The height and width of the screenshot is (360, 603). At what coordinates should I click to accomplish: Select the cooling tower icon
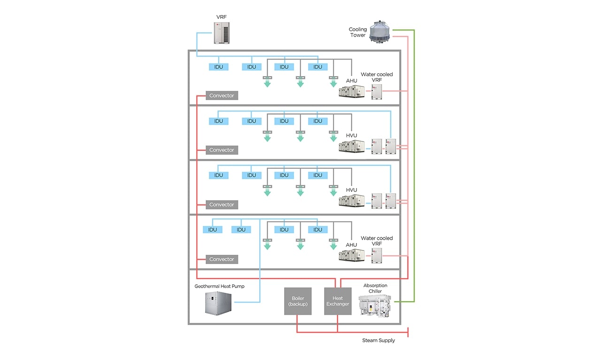click(x=380, y=32)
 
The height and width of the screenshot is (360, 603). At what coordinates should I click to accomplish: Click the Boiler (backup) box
click(x=297, y=301)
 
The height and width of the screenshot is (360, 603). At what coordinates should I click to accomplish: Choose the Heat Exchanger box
click(x=338, y=301)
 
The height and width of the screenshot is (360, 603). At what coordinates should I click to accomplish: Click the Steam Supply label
click(x=378, y=340)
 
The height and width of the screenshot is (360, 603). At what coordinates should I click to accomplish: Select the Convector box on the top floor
click(x=222, y=95)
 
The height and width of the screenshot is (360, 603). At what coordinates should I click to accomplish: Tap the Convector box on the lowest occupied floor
click(x=222, y=259)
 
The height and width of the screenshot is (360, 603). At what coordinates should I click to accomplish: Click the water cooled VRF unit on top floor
click(x=377, y=91)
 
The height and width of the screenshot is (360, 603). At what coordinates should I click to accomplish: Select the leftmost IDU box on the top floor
click(x=218, y=67)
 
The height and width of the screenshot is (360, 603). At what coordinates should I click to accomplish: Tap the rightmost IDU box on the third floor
click(x=317, y=175)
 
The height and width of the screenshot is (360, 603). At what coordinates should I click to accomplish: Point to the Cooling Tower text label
click(x=358, y=32)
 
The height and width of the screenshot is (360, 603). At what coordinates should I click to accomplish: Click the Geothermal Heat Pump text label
click(x=219, y=286)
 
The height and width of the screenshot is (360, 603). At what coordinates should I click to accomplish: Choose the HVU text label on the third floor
click(x=351, y=190)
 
